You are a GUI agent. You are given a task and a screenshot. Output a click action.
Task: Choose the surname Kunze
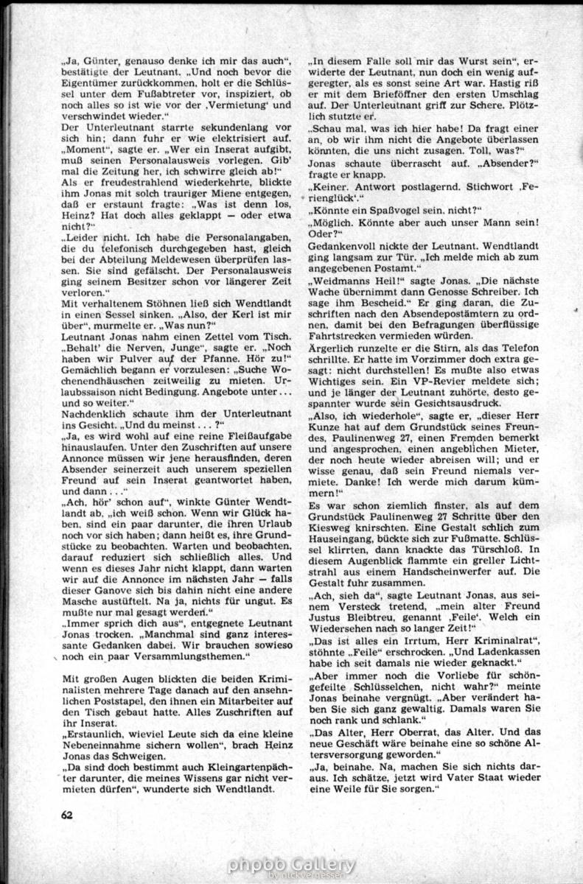[329, 441]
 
